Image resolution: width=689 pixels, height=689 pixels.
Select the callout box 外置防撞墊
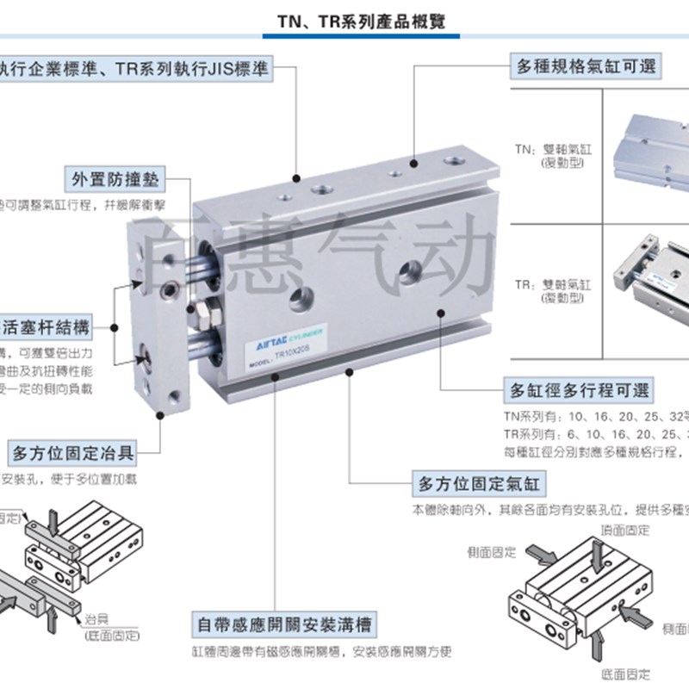click(115, 182)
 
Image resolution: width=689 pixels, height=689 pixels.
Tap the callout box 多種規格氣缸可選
click(585, 66)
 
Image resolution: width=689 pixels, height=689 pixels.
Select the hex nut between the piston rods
click(207, 307)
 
